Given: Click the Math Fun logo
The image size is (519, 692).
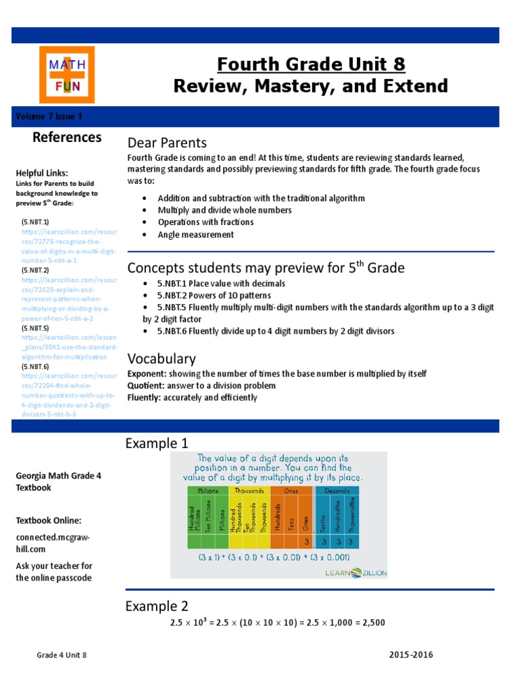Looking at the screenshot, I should click(66, 74).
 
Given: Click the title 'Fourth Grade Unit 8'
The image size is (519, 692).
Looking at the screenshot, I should click(311, 64).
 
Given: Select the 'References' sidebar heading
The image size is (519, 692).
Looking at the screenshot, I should click(67, 137).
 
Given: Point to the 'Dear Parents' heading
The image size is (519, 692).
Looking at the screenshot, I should click(167, 143).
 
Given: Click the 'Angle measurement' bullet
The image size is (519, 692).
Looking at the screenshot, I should click(195, 234).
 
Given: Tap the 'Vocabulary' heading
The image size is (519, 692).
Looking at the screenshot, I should click(162, 359).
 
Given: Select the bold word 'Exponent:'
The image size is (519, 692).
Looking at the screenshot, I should click(147, 374).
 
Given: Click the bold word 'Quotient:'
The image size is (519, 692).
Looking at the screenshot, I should click(145, 385).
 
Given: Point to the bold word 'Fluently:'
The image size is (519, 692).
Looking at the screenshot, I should click(144, 397).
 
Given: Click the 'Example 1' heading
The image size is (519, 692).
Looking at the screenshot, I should click(157, 444).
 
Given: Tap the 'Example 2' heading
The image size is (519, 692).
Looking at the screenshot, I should click(157, 606).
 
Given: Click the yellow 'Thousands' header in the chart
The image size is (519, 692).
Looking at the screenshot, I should click(249, 491).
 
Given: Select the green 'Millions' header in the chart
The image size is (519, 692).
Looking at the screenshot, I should click(207, 491).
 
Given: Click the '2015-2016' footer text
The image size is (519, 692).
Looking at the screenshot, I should click(411, 655).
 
